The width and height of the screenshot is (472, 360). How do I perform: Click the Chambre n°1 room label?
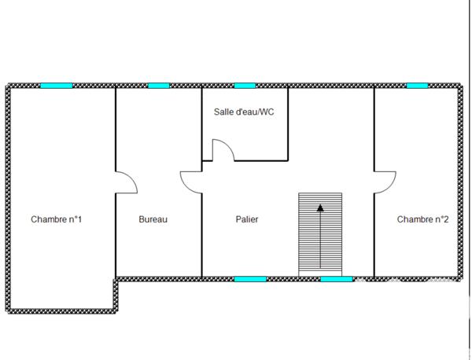coord(57,219)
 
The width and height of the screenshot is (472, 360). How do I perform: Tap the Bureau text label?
coord(153,219)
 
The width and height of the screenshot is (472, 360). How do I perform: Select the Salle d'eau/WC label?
coord(244,112)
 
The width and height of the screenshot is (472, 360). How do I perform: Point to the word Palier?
coord(247,219)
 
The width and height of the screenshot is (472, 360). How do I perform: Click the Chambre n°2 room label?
coord(422,219)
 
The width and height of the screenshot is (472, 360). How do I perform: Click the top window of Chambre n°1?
coord(57,85)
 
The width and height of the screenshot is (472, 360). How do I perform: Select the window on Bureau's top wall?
coord(159,85)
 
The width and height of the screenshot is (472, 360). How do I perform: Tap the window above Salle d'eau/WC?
coord(245,85)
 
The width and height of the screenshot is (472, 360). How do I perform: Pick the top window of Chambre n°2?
coord(417,85)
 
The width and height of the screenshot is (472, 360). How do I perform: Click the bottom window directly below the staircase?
coord(337,278)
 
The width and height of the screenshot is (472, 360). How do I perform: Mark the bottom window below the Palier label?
coord(250,278)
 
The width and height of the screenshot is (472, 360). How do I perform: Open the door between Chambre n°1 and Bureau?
coord(127,182)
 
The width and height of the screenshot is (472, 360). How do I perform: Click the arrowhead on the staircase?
coord(320,208)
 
